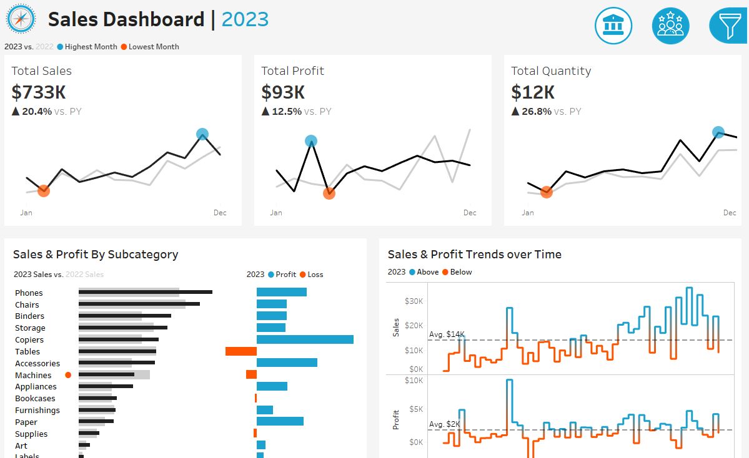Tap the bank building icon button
pyautogui.click(x=613, y=26)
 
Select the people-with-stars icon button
pyautogui.click(x=670, y=26)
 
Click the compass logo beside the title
pyautogui.click(x=21, y=19)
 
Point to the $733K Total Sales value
pyautogui.click(x=39, y=92)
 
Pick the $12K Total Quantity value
pyautogui.click(x=533, y=92)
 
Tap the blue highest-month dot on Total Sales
pyautogui.click(x=202, y=134)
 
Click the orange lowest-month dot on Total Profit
pyautogui.click(x=329, y=193)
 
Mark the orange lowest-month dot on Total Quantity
pyautogui.click(x=547, y=192)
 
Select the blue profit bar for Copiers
pyautogui.click(x=305, y=339)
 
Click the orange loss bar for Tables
pyautogui.click(x=241, y=351)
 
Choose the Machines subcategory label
pyautogui.click(x=33, y=375)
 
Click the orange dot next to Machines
pyautogui.click(x=68, y=375)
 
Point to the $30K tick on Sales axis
pyautogui.click(x=414, y=301)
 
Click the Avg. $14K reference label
pyautogui.click(x=446, y=334)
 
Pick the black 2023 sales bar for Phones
pyautogui.click(x=146, y=291)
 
